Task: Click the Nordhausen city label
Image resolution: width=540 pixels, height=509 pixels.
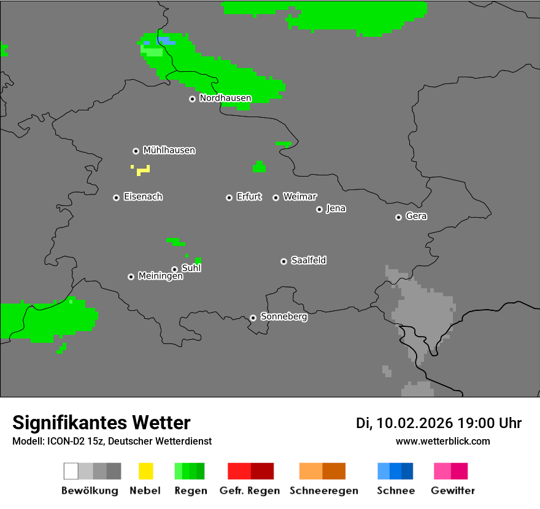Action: [225, 98]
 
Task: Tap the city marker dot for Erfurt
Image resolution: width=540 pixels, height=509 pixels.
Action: [229, 197]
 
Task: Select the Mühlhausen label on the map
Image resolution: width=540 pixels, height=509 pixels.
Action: [169, 150]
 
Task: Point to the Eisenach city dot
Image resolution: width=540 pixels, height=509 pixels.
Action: [116, 197]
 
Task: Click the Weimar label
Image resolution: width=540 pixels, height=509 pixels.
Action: [299, 197]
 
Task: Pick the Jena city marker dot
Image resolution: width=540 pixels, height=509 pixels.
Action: [319, 209]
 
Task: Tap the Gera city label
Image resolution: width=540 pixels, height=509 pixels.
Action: [416, 216]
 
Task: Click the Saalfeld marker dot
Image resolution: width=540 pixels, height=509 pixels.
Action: [283, 261]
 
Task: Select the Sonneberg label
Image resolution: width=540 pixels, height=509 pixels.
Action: [283, 317]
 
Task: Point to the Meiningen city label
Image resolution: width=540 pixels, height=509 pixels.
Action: [160, 277]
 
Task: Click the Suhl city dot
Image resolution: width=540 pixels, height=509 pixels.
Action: [174, 269]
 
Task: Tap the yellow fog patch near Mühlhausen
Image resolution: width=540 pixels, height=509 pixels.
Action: [144, 170]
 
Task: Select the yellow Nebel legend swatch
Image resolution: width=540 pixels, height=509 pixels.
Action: [145, 471]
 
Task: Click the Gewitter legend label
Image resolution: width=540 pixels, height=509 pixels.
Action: [453, 491]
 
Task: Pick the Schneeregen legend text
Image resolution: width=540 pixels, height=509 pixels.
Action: [324, 491]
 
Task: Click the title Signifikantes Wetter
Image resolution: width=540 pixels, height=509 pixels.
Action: [101, 423]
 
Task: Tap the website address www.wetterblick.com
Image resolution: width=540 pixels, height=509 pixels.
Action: [442, 441]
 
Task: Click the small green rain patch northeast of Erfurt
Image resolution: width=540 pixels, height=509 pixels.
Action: [259, 167]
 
